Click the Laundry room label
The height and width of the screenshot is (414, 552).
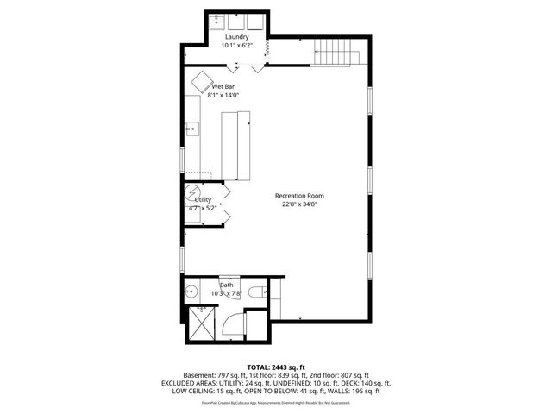[237, 37]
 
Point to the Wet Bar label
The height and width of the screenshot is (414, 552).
[224, 87]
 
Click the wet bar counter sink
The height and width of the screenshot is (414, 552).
[192, 130]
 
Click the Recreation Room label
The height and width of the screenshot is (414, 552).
[300, 196]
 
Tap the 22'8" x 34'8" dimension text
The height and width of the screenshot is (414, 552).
[300, 205]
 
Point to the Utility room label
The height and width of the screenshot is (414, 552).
[203, 199]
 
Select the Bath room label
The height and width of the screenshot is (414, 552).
[227, 285]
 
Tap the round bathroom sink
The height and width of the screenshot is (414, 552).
[191, 293]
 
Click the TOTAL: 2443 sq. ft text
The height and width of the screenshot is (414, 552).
[276, 367]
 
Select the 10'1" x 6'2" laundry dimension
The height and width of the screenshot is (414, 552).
[237, 46]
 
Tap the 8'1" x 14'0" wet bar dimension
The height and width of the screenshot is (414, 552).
[223, 96]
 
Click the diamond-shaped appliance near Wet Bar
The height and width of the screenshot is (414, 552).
[203, 80]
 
